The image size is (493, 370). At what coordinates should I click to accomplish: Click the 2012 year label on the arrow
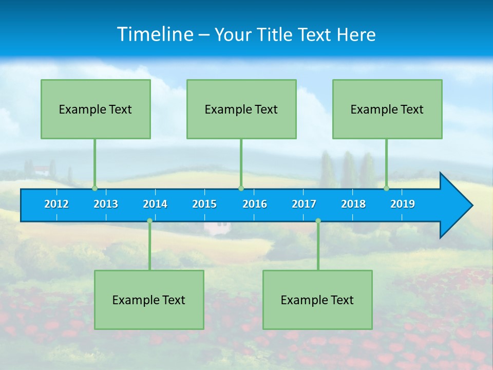tap(56, 204)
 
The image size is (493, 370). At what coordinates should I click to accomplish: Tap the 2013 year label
tap(106, 204)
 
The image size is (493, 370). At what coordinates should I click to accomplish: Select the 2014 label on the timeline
tap(155, 204)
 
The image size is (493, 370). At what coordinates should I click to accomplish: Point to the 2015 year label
tap(204, 204)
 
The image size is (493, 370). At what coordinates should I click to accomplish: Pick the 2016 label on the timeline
tap(255, 204)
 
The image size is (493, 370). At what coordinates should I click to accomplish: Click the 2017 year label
tap(304, 204)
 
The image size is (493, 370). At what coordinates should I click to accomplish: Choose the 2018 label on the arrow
tap(353, 204)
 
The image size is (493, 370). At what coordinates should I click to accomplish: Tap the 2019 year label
tap(403, 204)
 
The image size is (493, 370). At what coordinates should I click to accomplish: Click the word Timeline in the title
tap(155, 34)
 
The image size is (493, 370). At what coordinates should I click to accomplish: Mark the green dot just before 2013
tap(94, 188)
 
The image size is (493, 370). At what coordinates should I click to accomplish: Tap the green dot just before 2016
tap(241, 188)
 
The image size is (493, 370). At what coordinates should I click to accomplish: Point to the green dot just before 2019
tap(386, 188)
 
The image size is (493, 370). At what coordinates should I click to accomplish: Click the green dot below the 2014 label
tap(149, 220)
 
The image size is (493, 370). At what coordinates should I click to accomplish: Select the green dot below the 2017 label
tap(318, 220)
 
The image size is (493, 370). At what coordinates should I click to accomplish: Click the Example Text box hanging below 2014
tap(149, 300)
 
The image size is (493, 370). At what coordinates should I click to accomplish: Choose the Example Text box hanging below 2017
tap(317, 300)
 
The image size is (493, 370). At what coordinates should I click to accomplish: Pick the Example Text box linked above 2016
tap(241, 109)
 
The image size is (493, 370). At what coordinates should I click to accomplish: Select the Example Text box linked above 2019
tap(387, 109)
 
